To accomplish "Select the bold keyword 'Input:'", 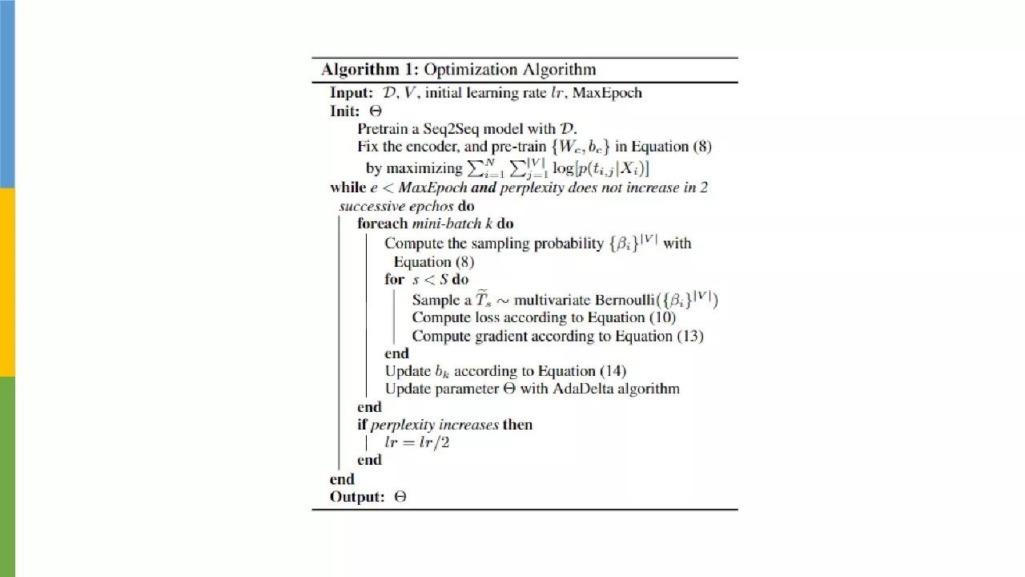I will click(x=352, y=93).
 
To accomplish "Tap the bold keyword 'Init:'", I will click(x=345, y=111).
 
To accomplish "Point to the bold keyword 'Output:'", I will click(x=357, y=497).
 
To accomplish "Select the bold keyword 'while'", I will click(x=347, y=188).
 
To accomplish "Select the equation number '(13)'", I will click(x=689, y=337).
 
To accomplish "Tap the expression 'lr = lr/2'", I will click(x=417, y=442).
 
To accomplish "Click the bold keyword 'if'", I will click(x=362, y=425).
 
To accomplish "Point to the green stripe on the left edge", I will click(x=7, y=476).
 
